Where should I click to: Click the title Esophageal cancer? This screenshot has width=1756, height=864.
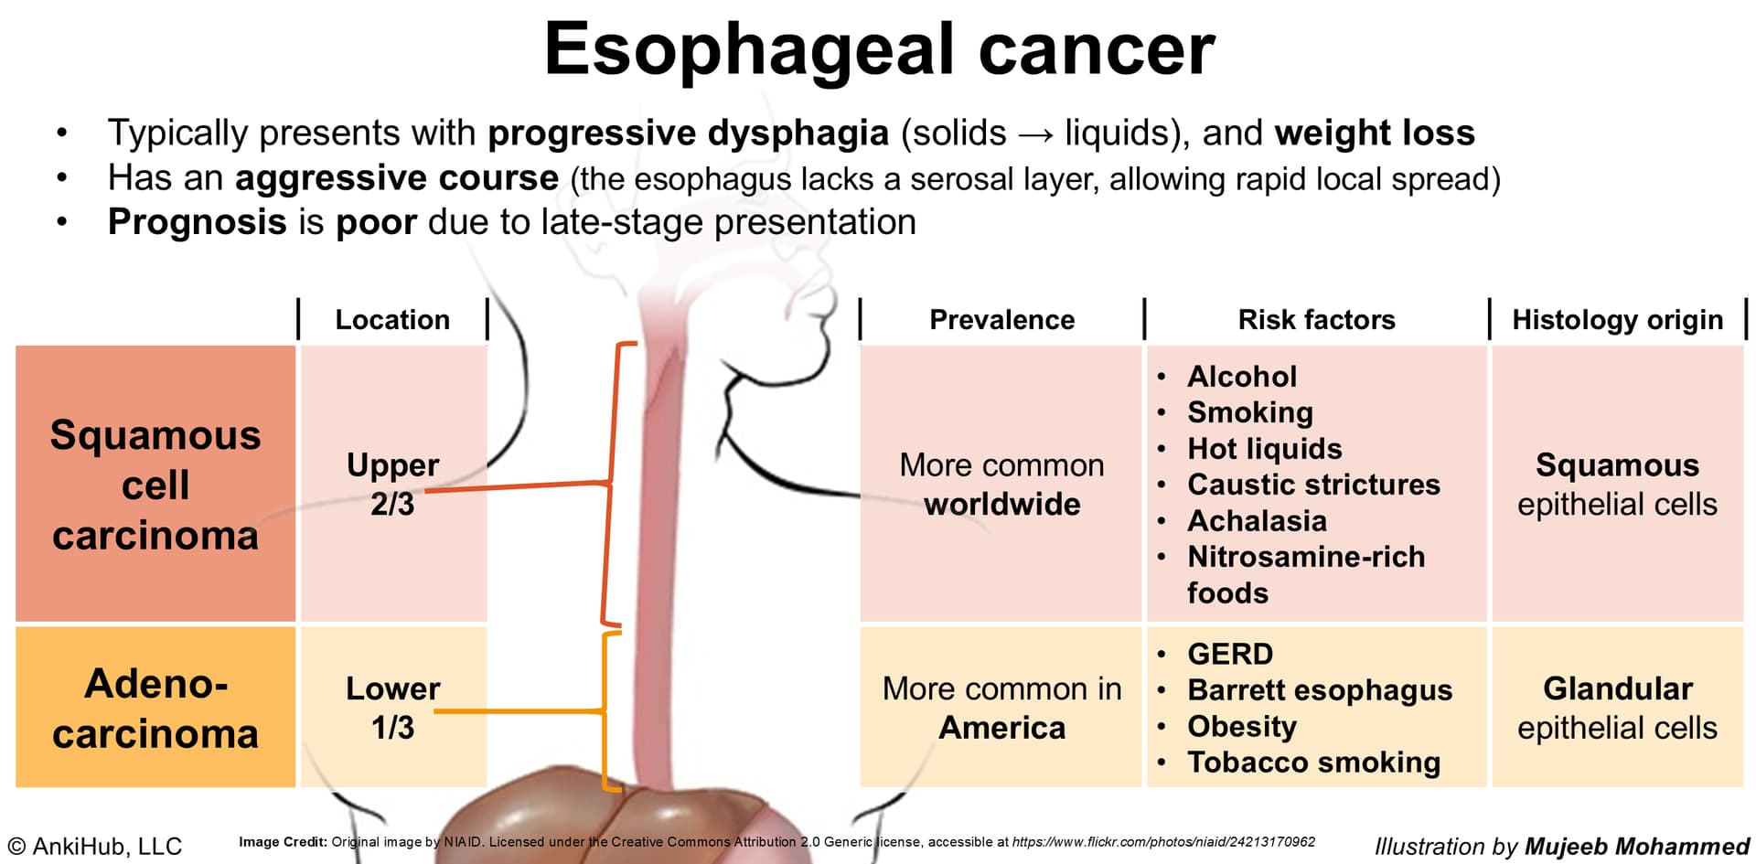click(879, 49)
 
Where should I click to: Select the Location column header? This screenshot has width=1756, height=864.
click(392, 319)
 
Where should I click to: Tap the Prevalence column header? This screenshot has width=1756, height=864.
click(1001, 319)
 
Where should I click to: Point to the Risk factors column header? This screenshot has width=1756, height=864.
click(1316, 319)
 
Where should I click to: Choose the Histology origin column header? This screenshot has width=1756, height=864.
click(1617, 320)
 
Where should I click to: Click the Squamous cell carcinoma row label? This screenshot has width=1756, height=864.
click(155, 485)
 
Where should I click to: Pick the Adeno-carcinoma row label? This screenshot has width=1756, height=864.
click(155, 709)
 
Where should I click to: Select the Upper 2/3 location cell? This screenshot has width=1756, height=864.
click(392, 485)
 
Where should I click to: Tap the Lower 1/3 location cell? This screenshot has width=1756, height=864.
click(392, 708)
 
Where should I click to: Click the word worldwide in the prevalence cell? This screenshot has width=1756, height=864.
click(1001, 504)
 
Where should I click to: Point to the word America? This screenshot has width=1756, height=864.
click(1001, 728)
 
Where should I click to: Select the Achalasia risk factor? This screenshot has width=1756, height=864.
click(1257, 520)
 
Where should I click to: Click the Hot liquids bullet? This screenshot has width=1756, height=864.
click(1264, 449)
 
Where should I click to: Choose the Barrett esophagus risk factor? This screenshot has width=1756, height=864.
click(1320, 690)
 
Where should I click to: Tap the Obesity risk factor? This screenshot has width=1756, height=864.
click(1242, 727)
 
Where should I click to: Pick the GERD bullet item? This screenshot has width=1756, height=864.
click(1230, 654)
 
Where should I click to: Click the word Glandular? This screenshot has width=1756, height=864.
click(1617, 688)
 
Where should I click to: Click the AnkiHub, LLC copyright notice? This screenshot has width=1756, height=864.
click(95, 847)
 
